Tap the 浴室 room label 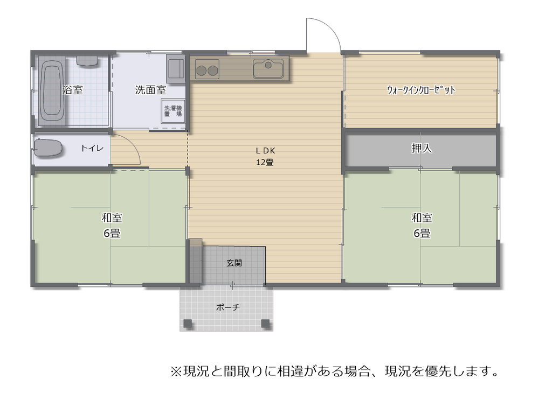click(73, 90)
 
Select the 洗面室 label click(150, 90)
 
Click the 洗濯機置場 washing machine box click(173, 111)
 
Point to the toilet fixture click(48, 148)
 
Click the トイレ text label click(92, 148)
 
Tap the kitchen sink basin click(268, 68)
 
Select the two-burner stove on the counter click(207, 69)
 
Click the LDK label click(265, 150)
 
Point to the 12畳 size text click(265, 162)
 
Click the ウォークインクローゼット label click(421, 90)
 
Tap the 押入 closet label click(422, 148)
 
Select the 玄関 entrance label click(234, 263)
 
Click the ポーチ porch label click(228, 307)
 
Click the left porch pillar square click(188, 323)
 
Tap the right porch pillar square click(265, 323)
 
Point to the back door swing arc click(332, 28)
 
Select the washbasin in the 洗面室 click(176, 68)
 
